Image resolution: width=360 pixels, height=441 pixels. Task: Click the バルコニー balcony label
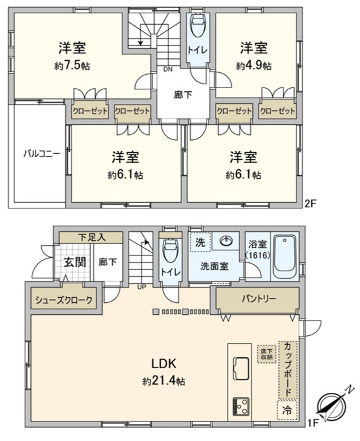point(41,154)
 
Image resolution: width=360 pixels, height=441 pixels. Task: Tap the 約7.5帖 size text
point(72,66)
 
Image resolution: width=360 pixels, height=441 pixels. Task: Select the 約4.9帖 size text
point(254,66)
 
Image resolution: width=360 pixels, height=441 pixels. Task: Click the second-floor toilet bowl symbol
point(198,25)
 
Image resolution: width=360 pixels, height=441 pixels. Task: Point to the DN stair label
point(168,69)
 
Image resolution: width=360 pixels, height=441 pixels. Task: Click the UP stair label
point(142,287)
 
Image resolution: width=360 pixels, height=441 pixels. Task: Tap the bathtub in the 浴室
point(285,256)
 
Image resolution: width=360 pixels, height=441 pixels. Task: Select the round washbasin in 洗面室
point(226,241)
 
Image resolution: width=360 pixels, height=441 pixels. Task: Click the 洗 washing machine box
point(200,242)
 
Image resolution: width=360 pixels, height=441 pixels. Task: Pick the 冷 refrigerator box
point(287,411)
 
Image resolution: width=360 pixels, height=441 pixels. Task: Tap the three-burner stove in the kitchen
point(240,407)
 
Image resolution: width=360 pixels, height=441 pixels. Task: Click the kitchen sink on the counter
point(240,368)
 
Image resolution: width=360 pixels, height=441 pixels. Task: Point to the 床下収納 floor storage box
point(267,354)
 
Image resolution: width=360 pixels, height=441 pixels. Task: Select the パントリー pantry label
point(259,298)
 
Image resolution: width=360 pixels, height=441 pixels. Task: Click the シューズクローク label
point(63,300)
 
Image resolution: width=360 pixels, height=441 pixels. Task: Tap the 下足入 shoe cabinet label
point(91,238)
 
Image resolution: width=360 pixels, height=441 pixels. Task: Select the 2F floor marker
point(311,203)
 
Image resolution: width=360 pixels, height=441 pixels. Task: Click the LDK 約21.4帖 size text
point(164,381)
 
